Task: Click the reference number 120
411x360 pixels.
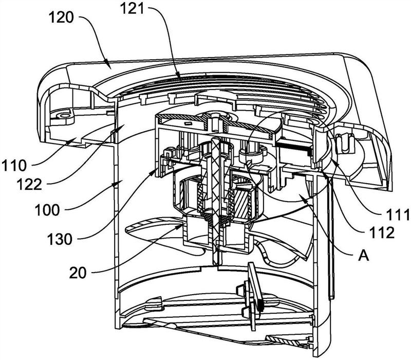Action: pyautogui.click(x=61, y=18)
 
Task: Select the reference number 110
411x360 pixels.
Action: pyautogui.click(x=14, y=166)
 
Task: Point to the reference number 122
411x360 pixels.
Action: pyautogui.click(x=29, y=185)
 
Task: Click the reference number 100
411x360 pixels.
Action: pyautogui.click(x=47, y=210)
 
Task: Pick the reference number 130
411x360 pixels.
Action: pyautogui.click(x=60, y=239)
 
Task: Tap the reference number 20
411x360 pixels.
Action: pyautogui.click(x=78, y=273)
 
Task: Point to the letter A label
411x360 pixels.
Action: pyautogui.click(x=364, y=255)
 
